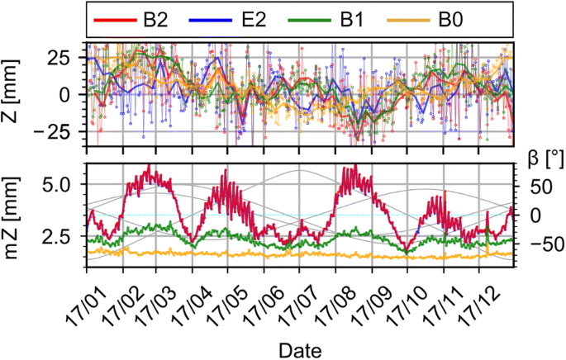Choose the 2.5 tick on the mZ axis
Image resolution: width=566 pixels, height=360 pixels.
pos(64,239)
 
